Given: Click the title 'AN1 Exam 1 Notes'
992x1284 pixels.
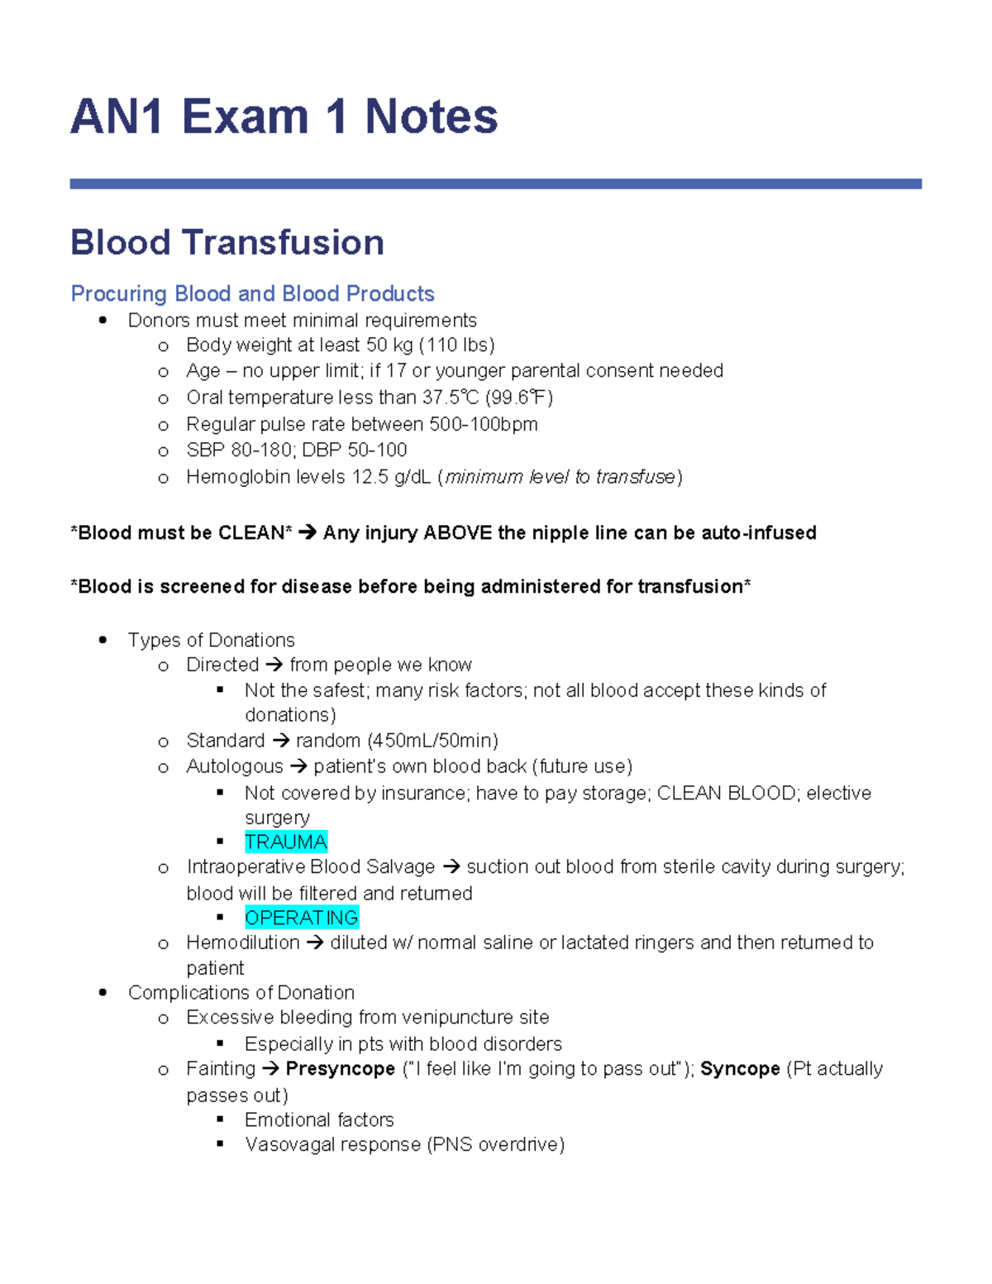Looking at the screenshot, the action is click(284, 116).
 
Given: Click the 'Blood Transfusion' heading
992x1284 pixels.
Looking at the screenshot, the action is click(227, 243).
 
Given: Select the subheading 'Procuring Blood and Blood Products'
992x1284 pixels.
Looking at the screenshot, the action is click(252, 294).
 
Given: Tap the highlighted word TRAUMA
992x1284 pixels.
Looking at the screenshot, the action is click(286, 842).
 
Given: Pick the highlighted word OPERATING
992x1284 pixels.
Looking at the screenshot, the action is click(302, 918).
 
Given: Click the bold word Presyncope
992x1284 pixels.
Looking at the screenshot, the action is click(340, 1068).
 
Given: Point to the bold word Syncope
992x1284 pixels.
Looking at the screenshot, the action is click(740, 1068).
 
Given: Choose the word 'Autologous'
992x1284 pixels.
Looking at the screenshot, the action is click(234, 766).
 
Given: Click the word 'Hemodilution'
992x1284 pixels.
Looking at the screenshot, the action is click(243, 943).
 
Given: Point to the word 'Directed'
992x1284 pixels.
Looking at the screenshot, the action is click(222, 665).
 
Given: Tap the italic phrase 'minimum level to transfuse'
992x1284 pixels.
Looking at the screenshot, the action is click(560, 477).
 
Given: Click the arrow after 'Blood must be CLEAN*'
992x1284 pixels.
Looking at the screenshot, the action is click(308, 532).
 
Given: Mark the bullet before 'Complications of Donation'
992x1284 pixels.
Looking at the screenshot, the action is click(103, 992).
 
